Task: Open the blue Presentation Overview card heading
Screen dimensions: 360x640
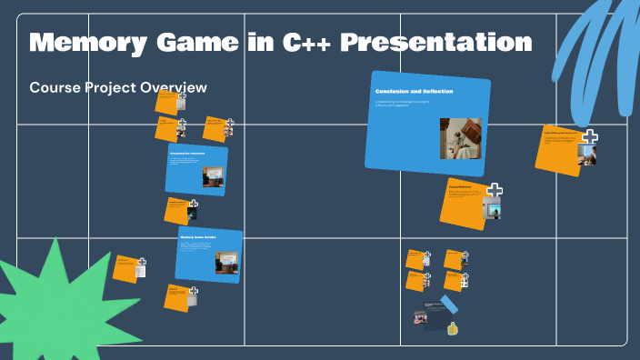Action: point(187,154)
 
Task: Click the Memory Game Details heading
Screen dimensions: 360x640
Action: point(197,237)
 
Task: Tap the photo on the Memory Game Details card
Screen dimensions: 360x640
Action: point(226,263)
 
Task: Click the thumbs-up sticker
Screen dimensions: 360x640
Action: point(452,328)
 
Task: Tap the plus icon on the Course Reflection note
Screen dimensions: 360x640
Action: point(494,191)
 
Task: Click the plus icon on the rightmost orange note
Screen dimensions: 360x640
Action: point(589,138)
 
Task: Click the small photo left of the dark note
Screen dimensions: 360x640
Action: point(421,317)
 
